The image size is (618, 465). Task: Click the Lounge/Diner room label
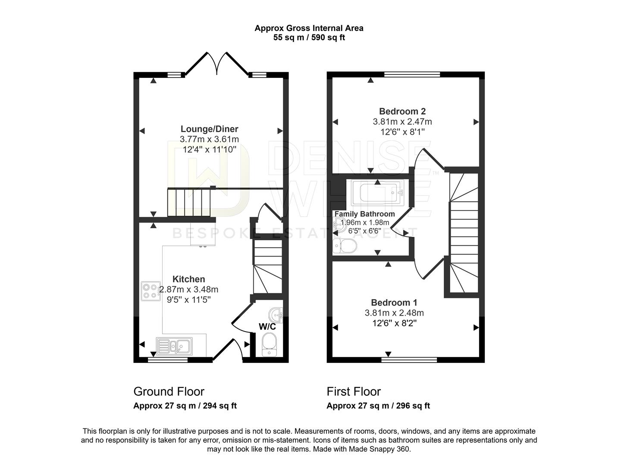pyautogui.click(x=209, y=129)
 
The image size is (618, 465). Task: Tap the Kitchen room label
pyautogui.click(x=188, y=279)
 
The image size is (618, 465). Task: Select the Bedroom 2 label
pyautogui.click(x=402, y=111)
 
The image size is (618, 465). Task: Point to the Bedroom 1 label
pyautogui.click(x=394, y=302)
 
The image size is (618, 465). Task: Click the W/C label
pyautogui.click(x=267, y=326)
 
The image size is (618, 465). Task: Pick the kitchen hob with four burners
pyautogui.click(x=151, y=291)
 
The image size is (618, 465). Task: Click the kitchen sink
pyautogui.click(x=174, y=345)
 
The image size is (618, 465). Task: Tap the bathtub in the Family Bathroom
pyautogui.click(x=377, y=193)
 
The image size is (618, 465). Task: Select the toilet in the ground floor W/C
pyautogui.click(x=269, y=345)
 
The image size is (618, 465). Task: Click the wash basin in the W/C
pyautogui.click(x=276, y=315)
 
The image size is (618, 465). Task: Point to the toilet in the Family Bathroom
pyautogui.click(x=345, y=246)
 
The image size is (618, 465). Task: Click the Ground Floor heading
pyautogui.click(x=169, y=391)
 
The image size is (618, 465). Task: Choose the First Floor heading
pyautogui.click(x=354, y=391)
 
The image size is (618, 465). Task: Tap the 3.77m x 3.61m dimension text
pyautogui.click(x=209, y=139)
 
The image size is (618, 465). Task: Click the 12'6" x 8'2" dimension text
pyautogui.click(x=394, y=323)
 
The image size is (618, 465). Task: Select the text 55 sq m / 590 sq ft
pyautogui.click(x=309, y=37)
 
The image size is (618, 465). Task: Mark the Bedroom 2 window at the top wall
pyautogui.click(x=412, y=74)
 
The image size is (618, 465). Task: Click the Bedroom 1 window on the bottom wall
pyautogui.click(x=409, y=360)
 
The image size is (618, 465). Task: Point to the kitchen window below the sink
pyautogui.click(x=168, y=360)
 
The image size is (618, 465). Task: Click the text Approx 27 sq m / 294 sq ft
pyautogui.click(x=185, y=406)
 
